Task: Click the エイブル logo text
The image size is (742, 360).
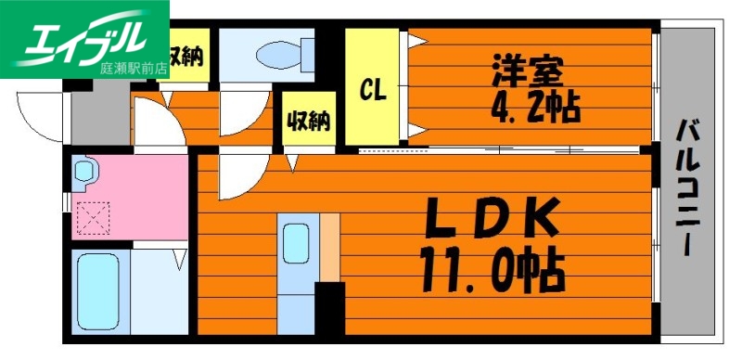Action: [83, 36]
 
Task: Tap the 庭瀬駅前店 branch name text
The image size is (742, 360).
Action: [132, 68]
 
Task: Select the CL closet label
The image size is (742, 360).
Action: [374, 89]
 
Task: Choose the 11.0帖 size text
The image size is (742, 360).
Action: [493, 269]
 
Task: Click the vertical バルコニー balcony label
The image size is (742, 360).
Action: [687, 185]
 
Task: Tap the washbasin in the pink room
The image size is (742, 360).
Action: [85, 173]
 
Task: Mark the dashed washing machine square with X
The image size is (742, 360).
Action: [91, 218]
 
